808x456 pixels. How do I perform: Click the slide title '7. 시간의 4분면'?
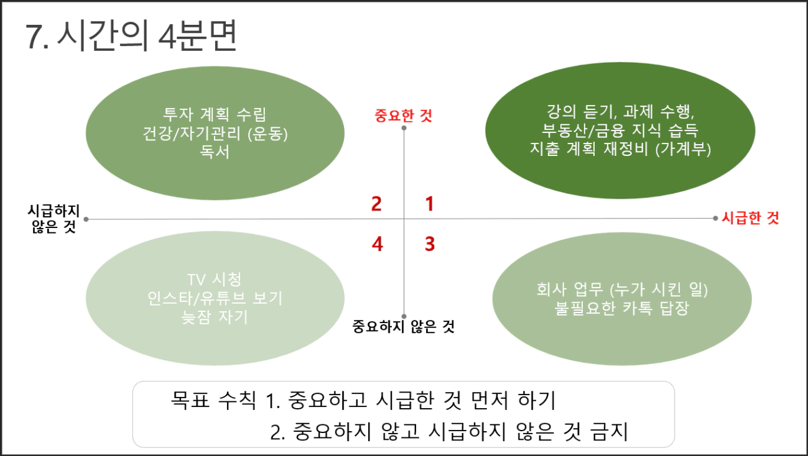pos(131,35)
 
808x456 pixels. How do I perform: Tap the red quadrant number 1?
pos(429,204)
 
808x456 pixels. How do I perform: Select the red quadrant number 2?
pos(376,204)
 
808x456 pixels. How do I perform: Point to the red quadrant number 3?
pos(430,244)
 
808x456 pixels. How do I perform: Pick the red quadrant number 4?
pos(378,244)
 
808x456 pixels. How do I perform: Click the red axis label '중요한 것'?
pos(403,116)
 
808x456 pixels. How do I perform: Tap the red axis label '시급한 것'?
pos(750,218)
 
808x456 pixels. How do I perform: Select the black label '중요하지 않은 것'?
pos(403,327)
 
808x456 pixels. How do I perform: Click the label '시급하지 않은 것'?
pos(53,219)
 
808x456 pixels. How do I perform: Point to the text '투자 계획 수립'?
pos(215,114)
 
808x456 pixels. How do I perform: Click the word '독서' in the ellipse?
pos(215,152)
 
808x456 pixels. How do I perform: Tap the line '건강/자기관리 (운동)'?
pos(215,134)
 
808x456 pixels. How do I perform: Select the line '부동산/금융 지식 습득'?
pos(620,130)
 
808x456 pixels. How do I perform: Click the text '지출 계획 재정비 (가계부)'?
pos(620,148)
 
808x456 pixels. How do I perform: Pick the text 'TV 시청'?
pos(215,280)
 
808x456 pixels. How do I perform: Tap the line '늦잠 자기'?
pos(215,317)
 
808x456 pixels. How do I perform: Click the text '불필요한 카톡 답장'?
pos(622,308)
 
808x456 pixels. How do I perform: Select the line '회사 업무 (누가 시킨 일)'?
pos(622,290)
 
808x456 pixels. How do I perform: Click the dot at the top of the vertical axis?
pos(404,128)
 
